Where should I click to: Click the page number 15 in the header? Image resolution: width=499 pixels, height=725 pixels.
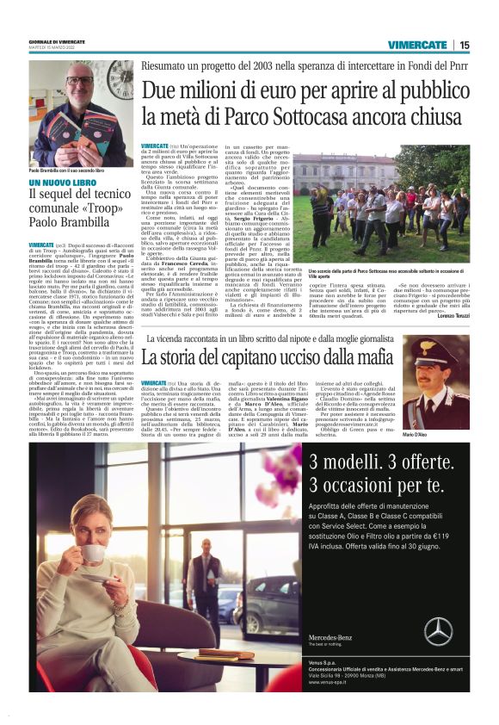pos(464,45)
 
